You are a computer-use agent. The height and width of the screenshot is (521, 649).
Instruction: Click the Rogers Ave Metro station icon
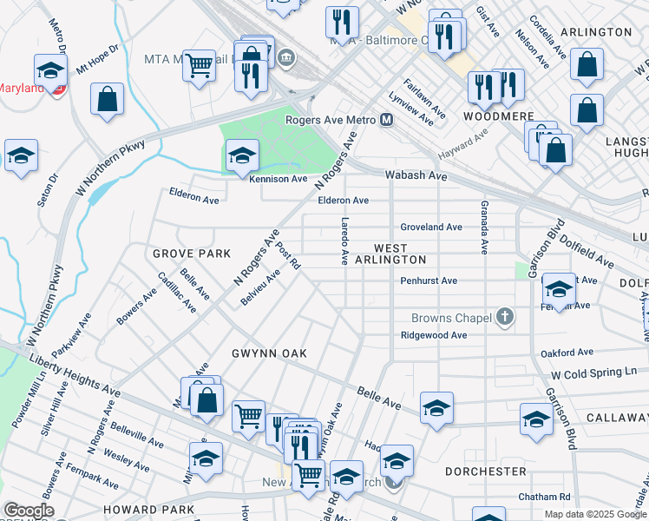pos(387,120)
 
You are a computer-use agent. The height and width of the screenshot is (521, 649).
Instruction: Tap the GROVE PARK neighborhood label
pos(192,254)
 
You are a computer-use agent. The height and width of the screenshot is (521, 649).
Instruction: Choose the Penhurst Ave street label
pos(429,281)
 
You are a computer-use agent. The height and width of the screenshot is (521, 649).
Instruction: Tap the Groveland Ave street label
pos(431,227)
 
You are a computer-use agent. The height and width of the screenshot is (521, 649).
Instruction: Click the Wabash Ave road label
pos(416,175)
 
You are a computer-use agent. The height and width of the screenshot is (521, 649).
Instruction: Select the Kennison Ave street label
pos(279,180)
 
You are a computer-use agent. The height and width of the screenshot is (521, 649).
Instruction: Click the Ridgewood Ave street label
pos(434,335)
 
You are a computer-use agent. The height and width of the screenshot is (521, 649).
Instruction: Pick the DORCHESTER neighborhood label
pos(485,472)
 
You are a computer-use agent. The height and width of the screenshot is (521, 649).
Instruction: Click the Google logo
pos(29,511)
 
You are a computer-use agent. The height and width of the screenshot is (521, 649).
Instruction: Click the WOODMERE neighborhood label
pos(491,115)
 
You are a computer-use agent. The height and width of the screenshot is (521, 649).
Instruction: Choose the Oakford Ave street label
pos(567,353)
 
